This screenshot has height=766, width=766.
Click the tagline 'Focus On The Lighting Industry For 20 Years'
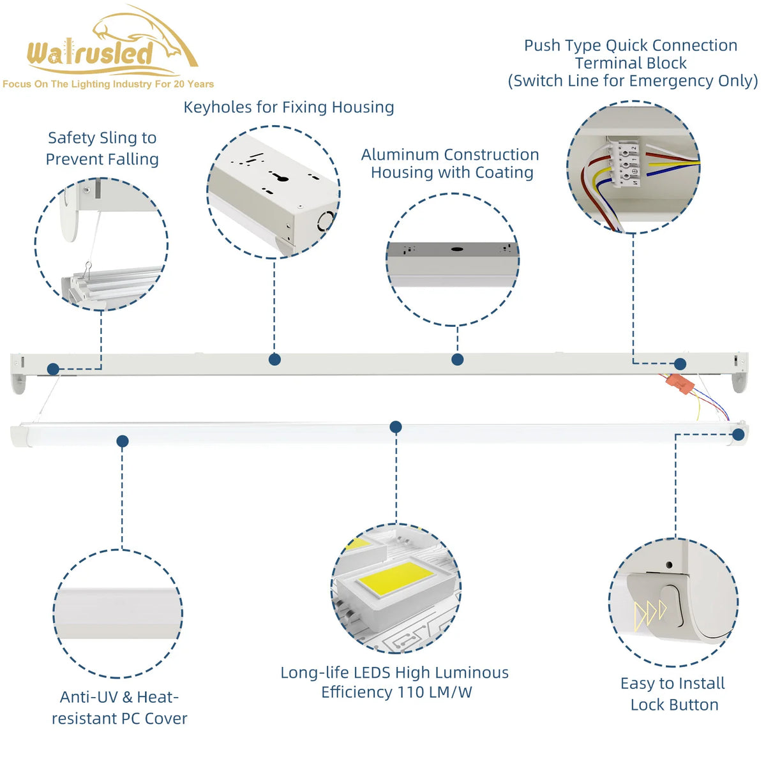point(108,84)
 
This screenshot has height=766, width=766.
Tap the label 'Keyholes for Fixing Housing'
point(289,107)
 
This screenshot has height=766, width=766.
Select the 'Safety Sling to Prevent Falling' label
point(102,148)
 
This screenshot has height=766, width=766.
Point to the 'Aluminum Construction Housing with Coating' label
point(451,163)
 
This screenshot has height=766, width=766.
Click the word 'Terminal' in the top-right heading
point(605,63)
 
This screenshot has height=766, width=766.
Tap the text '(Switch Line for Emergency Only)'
point(633,81)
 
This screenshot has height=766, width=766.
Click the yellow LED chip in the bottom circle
point(396,578)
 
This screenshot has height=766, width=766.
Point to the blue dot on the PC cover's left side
point(123,441)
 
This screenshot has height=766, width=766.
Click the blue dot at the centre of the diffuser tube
point(396,427)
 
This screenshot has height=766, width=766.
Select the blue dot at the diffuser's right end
point(739,435)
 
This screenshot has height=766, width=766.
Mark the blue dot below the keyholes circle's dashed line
point(274,359)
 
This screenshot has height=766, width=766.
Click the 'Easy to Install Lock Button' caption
point(673,694)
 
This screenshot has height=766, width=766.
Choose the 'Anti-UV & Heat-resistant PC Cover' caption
point(119,708)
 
